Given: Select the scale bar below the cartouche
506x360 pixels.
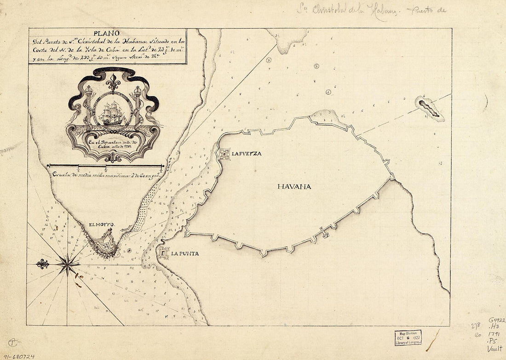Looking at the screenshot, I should pyautogui.click(x=105, y=165).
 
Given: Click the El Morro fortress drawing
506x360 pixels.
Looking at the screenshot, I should pyautogui.click(x=105, y=243).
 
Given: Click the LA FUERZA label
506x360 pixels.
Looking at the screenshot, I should pyautogui.click(x=247, y=154).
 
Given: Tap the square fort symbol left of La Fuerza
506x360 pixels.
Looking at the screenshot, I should pyautogui.click(x=224, y=154).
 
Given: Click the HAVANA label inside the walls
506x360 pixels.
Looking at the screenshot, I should pyautogui.click(x=294, y=186).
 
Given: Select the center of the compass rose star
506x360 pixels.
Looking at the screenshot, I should pyautogui.click(x=68, y=264).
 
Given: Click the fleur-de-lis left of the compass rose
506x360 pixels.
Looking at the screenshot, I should pyautogui.click(x=43, y=264).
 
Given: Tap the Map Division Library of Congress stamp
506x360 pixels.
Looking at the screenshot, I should pyautogui.click(x=408, y=337).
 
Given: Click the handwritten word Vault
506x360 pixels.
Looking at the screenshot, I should pyautogui.click(x=494, y=348).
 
